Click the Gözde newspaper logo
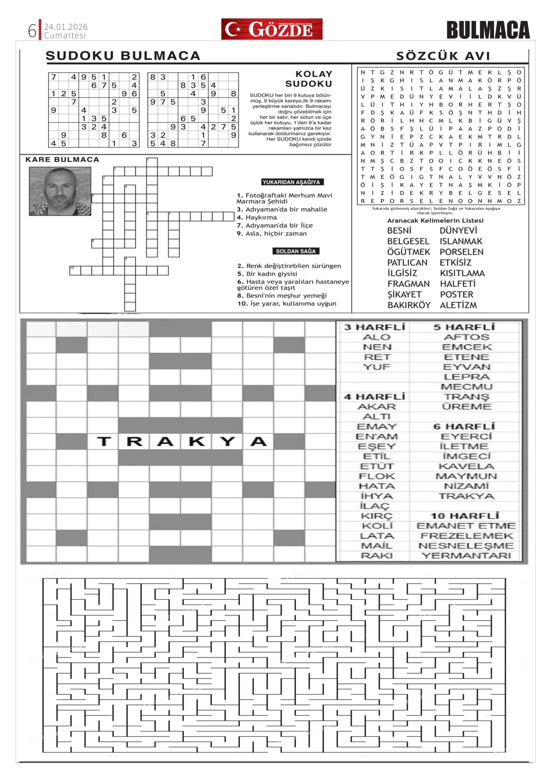pos(272,29)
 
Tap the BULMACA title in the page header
pos(488,30)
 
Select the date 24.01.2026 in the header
pos(66,27)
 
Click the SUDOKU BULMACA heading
pos(123,56)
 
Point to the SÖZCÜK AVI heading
pos(443,56)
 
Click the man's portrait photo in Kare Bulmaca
pos(60,191)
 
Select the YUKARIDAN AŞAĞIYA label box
pos(291,182)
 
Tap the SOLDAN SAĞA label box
pos(296,251)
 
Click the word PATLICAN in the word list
pos(407,263)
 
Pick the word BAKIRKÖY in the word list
pos(409,305)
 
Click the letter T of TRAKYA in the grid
pos(104,441)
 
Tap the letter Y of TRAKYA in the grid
pos(228,441)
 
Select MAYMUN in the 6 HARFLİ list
pos(466,476)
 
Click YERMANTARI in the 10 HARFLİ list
pos(466,556)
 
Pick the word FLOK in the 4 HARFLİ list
pos(377,476)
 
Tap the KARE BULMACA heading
pos(62,159)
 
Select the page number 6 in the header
pos(32,31)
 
